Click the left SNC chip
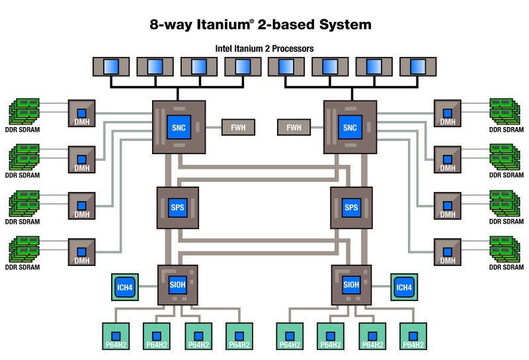coord(179,127)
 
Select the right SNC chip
coord(350,127)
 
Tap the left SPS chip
coord(178,208)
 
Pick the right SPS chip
coord(350,208)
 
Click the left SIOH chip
coord(178,285)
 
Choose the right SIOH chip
coord(350,285)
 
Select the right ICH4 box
coord(403,287)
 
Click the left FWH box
coord(238,127)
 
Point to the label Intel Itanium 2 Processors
coord(264,48)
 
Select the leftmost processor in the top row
coord(111,66)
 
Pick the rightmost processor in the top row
coord(418,66)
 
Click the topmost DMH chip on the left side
coord(82,114)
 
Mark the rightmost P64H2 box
coord(414,337)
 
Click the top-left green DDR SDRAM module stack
coord(24,110)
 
